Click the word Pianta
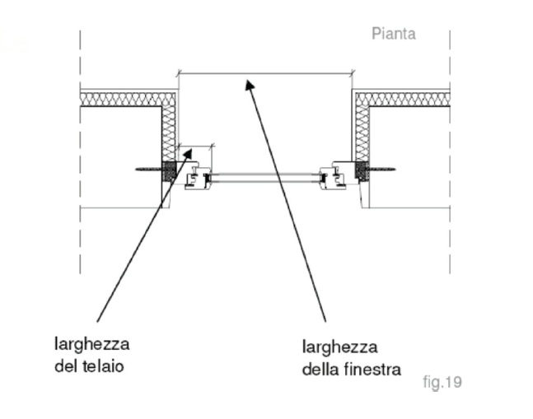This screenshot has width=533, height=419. coord(394,34)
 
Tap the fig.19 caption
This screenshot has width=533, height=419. coord(442,382)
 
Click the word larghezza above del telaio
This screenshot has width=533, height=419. coord(91,345)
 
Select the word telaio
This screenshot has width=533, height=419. coord(103,366)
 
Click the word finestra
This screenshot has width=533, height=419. coord(372,369)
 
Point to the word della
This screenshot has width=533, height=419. coord(320,369)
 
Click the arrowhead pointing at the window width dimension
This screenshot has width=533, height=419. coord(250,85)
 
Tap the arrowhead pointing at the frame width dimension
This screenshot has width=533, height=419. coord(187,154)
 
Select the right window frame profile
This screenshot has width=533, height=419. coord(333,177)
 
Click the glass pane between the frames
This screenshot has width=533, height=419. coord(265,178)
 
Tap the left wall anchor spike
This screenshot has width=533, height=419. coord(148,169)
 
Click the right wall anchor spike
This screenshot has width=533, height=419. coord(381,169)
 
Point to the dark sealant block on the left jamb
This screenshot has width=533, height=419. coord(169,171)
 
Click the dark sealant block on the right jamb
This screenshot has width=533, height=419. coord(362,170)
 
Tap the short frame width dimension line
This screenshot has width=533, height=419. coord(195,147)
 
